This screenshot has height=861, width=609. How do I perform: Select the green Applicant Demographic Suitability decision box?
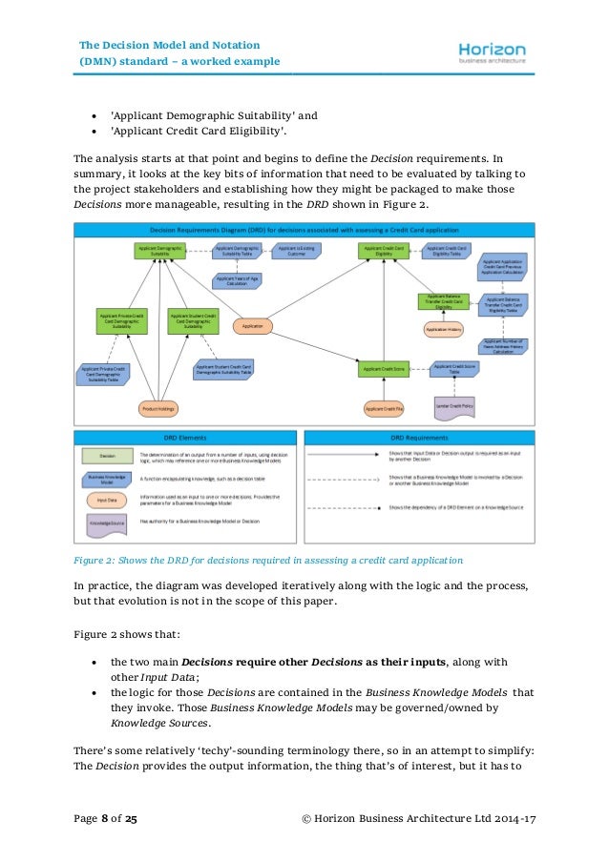[x=158, y=251]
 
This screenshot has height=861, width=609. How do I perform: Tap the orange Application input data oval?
[x=254, y=326]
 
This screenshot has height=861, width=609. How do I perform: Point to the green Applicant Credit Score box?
[x=384, y=367]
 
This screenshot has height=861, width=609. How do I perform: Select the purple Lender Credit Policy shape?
[x=455, y=407]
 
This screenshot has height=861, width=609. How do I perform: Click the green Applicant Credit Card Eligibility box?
[x=384, y=251]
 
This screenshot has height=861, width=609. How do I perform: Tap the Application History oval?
[x=444, y=329]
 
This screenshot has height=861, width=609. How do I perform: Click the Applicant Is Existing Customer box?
[x=297, y=251]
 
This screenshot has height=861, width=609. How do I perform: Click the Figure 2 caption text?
[x=268, y=559]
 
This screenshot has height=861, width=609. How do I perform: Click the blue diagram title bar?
[x=304, y=230]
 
